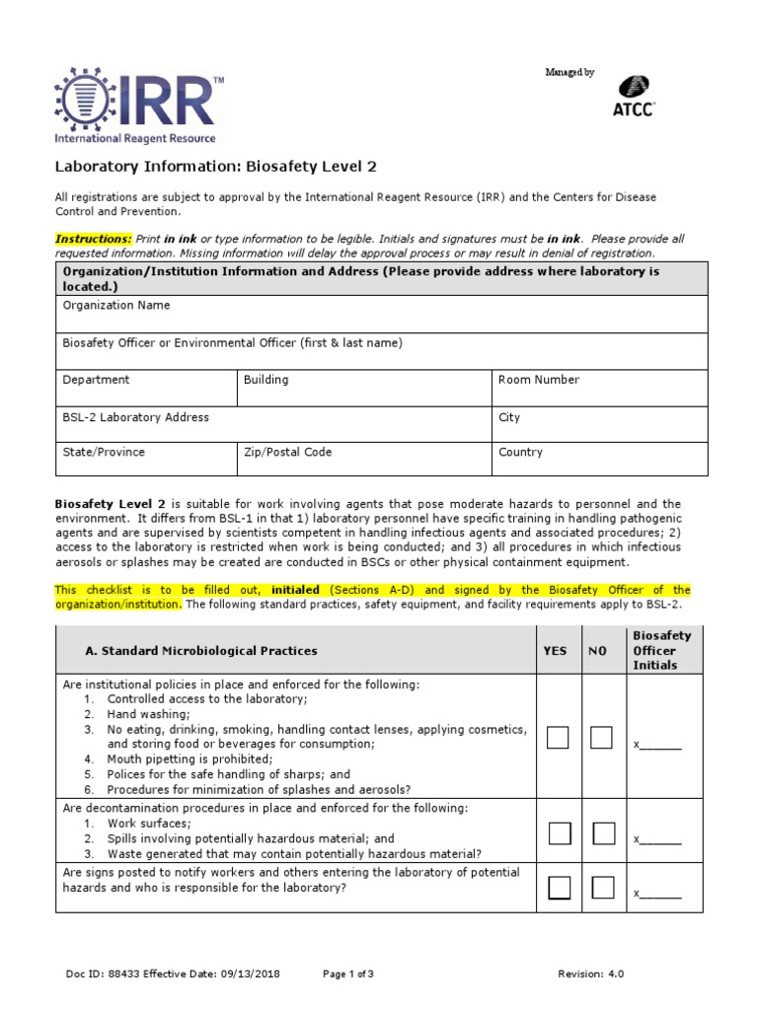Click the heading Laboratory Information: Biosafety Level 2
coord(215,167)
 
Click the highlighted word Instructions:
coord(93,239)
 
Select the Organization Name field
coord(380,314)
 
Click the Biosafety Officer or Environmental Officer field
coord(380,350)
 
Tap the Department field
coord(145,388)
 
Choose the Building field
coord(363,388)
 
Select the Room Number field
coord(599,388)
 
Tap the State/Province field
coord(145,460)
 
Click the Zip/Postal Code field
coord(363,460)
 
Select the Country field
coord(599,460)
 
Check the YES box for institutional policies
coord(559,738)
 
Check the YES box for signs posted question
coord(559,888)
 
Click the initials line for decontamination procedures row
coord(658,840)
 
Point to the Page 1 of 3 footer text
coord(348,974)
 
